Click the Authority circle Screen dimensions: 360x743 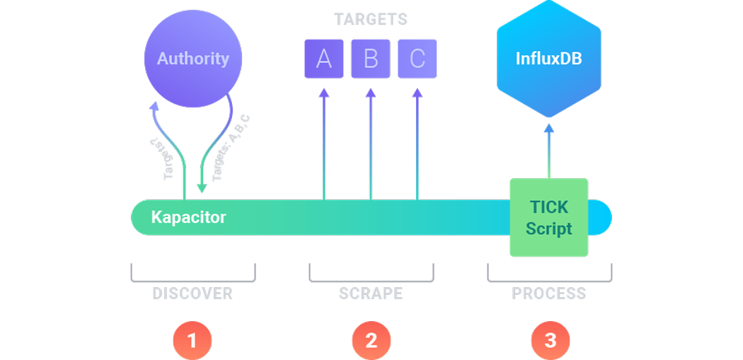(x=192, y=59)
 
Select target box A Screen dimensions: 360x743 (x=323, y=59)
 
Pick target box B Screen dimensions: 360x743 (x=371, y=59)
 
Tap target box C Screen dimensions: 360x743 (x=417, y=59)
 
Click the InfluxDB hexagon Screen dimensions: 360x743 (x=549, y=57)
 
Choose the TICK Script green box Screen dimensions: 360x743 (x=549, y=218)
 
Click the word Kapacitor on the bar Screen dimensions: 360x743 (x=188, y=217)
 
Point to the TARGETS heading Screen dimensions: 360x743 (x=371, y=19)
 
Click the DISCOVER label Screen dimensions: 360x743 (x=192, y=293)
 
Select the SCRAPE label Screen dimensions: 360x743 (x=371, y=293)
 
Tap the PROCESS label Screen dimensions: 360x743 (x=549, y=293)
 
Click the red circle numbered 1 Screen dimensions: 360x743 (x=192, y=340)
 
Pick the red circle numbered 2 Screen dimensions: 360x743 (x=371, y=340)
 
